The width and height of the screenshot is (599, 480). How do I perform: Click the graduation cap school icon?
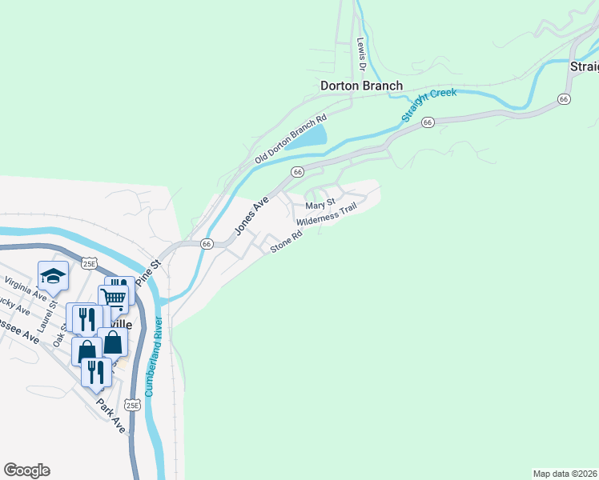[x=54, y=277]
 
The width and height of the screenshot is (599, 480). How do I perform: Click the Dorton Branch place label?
[x=361, y=86]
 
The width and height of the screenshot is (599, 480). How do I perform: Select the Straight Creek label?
[x=429, y=105]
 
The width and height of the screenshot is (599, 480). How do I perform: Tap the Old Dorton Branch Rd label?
[x=291, y=139]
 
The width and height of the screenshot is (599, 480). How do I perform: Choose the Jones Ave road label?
[x=251, y=218]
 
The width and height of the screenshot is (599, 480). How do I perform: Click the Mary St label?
[x=320, y=206]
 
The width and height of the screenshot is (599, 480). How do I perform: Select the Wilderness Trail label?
[x=326, y=216]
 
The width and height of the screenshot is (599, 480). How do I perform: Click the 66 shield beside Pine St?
[x=206, y=244]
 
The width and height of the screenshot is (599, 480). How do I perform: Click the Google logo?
[x=26, y=470]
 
